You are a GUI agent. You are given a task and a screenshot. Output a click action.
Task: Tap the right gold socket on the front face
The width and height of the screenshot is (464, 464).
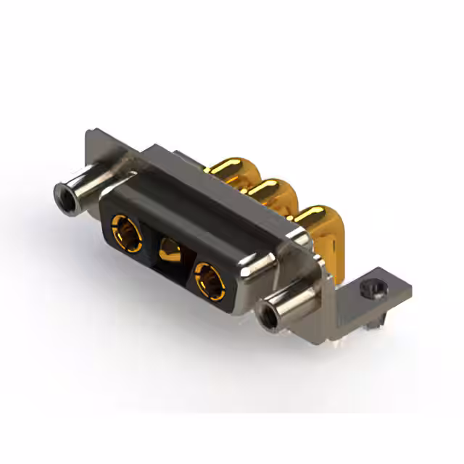[209, 278]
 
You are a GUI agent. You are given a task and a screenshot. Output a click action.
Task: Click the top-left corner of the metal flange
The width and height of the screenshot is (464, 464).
[90, 135]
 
